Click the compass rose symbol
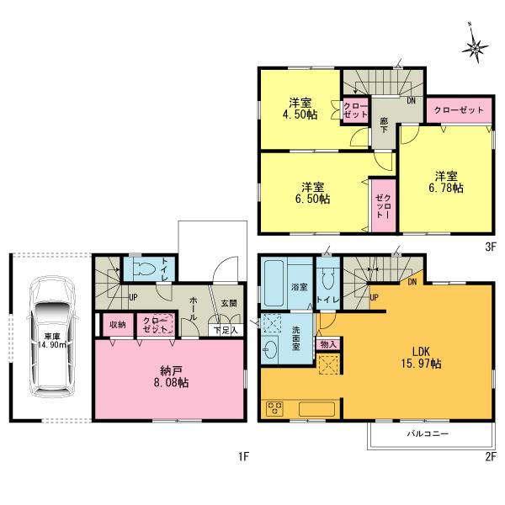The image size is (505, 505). tap(476, 48)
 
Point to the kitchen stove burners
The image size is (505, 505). tap(276, 409)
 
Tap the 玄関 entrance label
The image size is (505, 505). tap(229, 302)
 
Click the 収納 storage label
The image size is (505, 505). tap(116, 324)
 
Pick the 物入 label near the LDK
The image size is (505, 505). tap(328, 343)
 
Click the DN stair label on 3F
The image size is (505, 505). tap(411, 101)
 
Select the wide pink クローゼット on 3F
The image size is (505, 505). tap(459, 110)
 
